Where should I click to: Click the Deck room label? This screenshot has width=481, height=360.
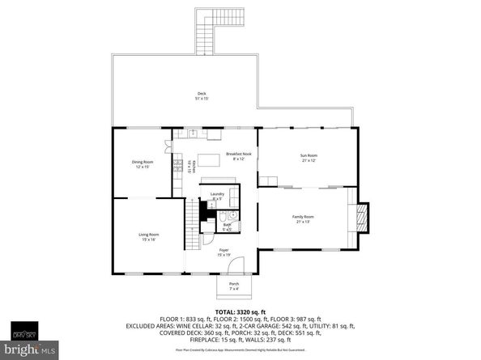point(202,96)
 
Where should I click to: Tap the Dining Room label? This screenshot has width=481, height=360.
point(143,164)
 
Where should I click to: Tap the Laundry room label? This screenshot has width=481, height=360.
point(217,197)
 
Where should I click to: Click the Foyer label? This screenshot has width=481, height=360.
point(223,252)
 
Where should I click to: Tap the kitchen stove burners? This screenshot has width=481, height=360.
point(177,168)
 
